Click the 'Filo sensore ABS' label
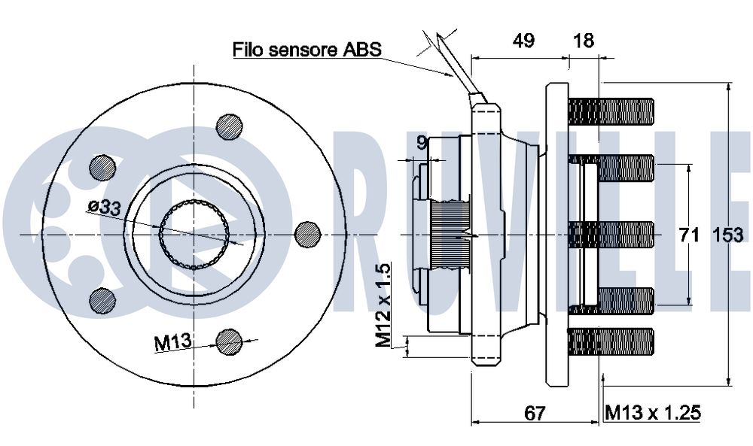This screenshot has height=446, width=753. pos(307,49)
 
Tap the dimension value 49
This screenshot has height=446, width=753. pos(523,41)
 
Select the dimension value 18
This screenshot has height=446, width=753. pos(584,41)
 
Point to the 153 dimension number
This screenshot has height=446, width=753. pos(727,235)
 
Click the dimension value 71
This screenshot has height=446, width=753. pos(689,235)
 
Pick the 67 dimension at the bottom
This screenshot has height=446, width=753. pos(535,412)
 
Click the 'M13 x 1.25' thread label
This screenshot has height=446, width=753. pos(653,412)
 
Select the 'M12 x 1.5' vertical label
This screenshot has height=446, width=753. pos(384,305)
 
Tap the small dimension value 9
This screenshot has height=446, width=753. pos(422,142)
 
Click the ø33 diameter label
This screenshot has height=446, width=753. pos(104,207)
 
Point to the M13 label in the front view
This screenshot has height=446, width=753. pos(173,342)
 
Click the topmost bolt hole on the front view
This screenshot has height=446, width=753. pos(230,126)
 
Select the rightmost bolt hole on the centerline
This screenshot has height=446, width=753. pos(307,235)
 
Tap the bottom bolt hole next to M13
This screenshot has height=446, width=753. pos(229,342)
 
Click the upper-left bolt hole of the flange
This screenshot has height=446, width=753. pos(102,168)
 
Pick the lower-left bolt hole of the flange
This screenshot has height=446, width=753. pos(102,301)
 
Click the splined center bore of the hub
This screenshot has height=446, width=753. pos(194,235)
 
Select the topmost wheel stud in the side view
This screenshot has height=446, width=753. pos(611,112)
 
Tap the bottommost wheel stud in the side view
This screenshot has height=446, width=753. pos(611,342)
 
